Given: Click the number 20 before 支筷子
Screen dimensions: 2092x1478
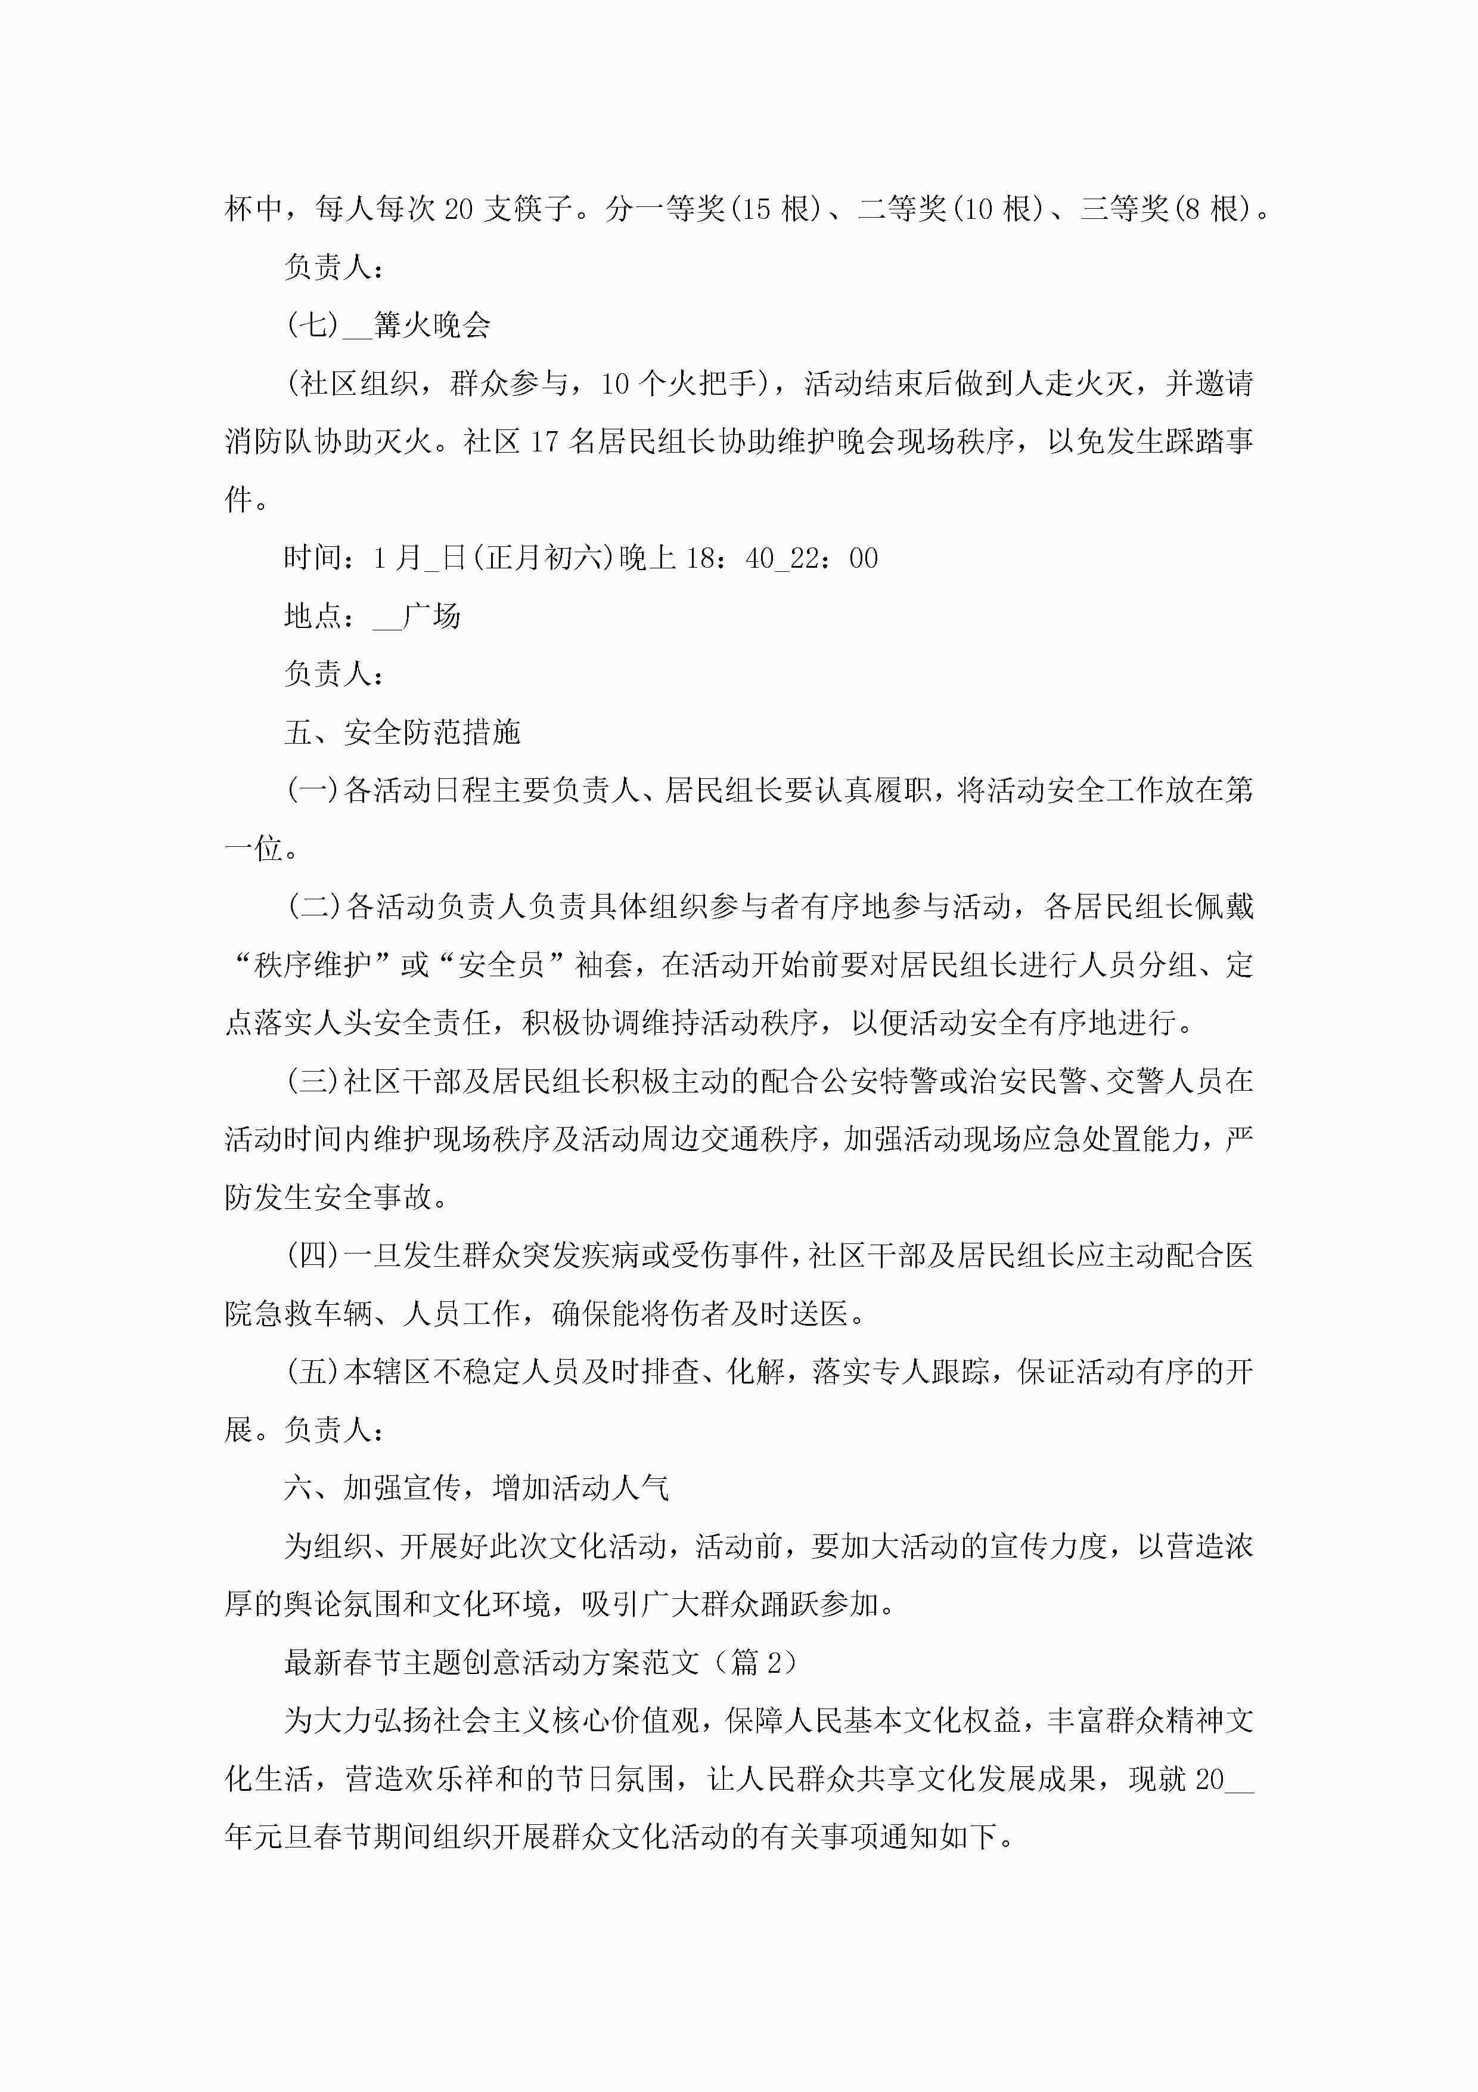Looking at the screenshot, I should (x=458, y=209).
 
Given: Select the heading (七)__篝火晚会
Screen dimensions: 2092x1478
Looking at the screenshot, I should (x=389, y=325).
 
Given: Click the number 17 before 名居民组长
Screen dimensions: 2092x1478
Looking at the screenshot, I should (x=544, y=442).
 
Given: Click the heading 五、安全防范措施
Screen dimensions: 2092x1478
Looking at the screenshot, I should (x=402, y=732).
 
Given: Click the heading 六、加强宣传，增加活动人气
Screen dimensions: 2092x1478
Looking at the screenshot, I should (x=476, y=1488).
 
